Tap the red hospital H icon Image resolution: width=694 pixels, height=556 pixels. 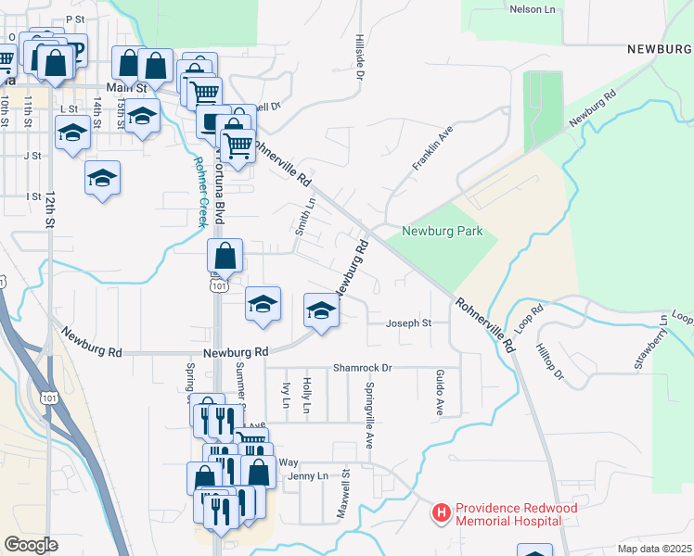click(442, 512)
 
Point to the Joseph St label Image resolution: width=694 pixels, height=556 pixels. click(409, 323)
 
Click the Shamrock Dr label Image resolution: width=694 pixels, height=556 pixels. click(364, 368)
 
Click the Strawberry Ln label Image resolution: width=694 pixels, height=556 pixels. click(651, 342)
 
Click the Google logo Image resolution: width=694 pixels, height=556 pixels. click(31, 545)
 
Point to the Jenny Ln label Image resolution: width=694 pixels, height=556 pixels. click(309, 476)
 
